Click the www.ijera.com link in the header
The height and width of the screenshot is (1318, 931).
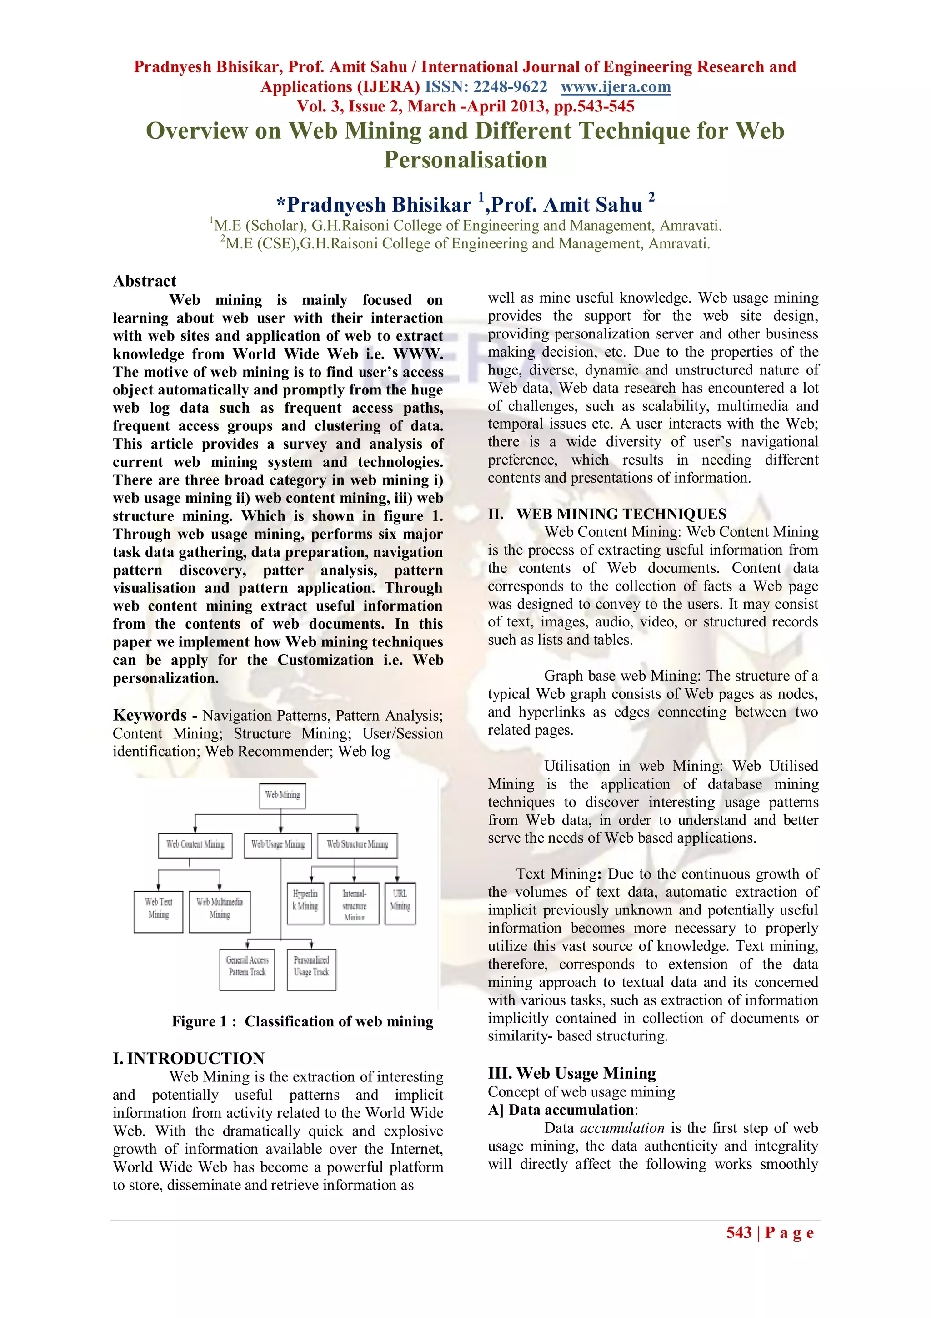(x=615, y=87)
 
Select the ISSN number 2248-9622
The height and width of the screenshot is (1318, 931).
(x=510, y=87)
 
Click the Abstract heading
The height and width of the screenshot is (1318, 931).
(x=145, y=281)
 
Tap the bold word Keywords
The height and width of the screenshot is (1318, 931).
(x=150, y=715)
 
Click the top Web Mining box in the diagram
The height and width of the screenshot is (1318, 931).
(x=282, y=795)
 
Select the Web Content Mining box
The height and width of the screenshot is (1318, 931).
(x=195, y=845)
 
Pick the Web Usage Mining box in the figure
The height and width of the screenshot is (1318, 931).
(x=278, y=845)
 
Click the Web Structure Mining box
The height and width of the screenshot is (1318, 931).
(x=357, y=845)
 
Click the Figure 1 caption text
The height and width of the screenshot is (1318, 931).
(x=302, y=1022)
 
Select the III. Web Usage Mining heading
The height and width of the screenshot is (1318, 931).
(x=571, y=1073)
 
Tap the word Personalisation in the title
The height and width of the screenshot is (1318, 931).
(x=465, y=160)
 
